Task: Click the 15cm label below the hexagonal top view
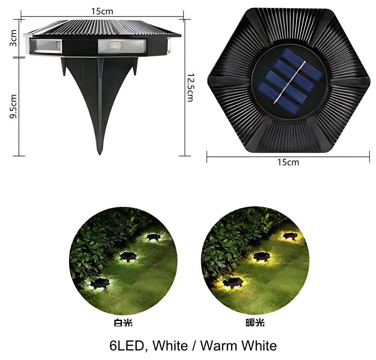[x=288, y=162]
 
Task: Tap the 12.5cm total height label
[x=190, y=88]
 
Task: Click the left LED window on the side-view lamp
[x=46, y=47]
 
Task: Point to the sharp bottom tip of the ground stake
[x=100, y=152]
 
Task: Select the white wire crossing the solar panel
[x=289, y=83]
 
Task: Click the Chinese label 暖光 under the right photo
[x=255, y=322]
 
